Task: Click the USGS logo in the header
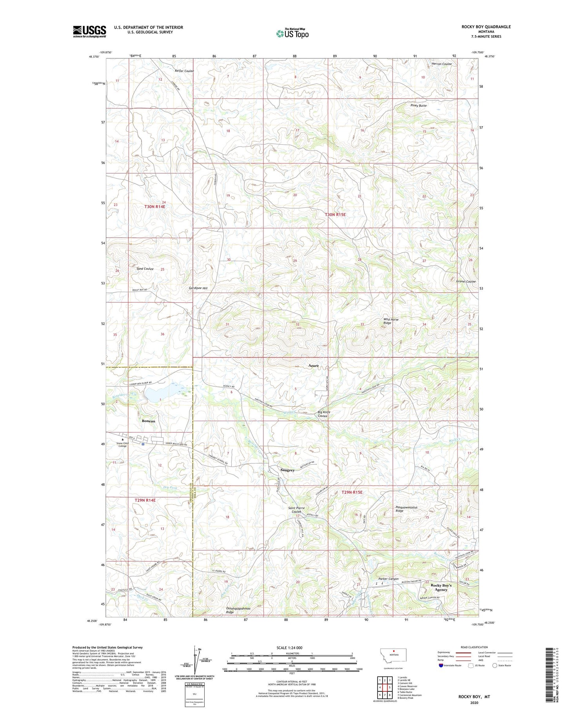tap(89, 31)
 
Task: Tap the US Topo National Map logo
tap(292, 33)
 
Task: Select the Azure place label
tap(313, 366)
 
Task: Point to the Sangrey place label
tap(287, 470)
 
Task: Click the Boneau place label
tap(149, 421)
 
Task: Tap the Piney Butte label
tap(418, 105)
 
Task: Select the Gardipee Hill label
tap(198, 288)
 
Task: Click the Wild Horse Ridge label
tap(390, 321)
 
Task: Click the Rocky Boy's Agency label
tap(441, 587)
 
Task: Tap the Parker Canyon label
tap(388, 579)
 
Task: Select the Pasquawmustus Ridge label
tap(406, 509)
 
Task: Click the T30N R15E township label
tap(335, 215)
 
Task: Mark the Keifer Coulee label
tap(184, 71)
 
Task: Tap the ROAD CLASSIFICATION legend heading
tap(474, 647)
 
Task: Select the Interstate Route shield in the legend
tap(441, 666)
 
